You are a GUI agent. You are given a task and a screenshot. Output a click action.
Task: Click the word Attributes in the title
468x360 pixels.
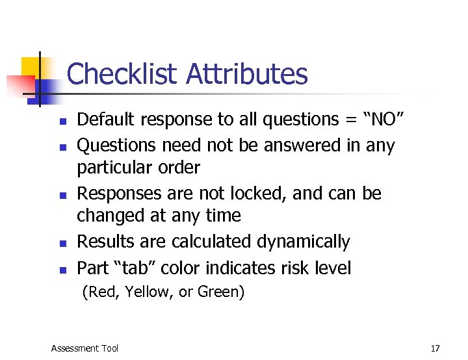[246, 74]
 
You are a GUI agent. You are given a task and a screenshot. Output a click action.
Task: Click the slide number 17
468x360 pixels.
[435, 348]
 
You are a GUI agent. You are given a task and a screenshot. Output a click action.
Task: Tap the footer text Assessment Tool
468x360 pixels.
[84, 348]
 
